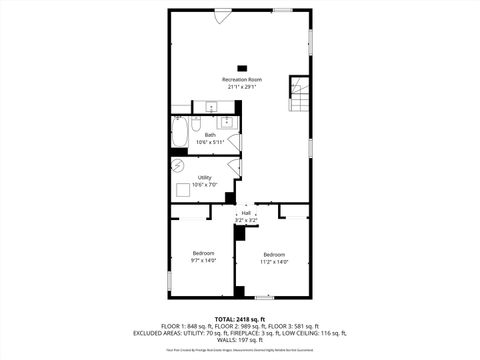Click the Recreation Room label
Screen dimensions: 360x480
[242, 79]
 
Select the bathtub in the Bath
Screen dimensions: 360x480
[178, 133]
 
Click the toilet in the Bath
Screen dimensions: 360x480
[197, 124]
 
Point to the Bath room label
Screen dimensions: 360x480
[210, 134]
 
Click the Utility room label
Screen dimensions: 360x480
[204, 177]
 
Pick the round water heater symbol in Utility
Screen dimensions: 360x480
[178, 165]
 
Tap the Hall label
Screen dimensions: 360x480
[245, 213]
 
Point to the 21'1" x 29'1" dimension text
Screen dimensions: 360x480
[242, 87]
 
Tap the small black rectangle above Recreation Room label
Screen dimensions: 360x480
[241, 67]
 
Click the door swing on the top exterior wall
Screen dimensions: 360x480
[221, 15]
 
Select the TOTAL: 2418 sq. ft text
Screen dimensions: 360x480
[240, 318]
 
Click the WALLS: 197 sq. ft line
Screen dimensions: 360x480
[240, 340]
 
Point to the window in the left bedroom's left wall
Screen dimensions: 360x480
[168, 258]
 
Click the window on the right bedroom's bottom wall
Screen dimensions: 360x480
[263, 297]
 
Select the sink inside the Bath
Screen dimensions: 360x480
[227, 123]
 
